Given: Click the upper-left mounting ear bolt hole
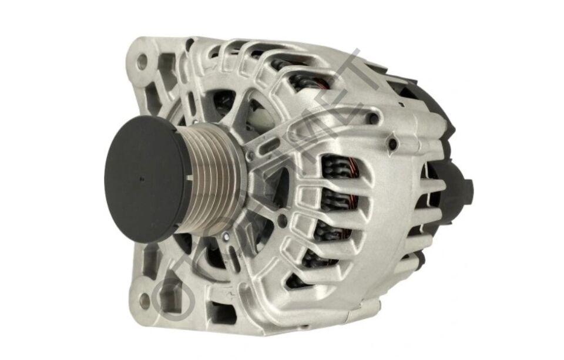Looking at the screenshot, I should [x=142, y=60].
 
